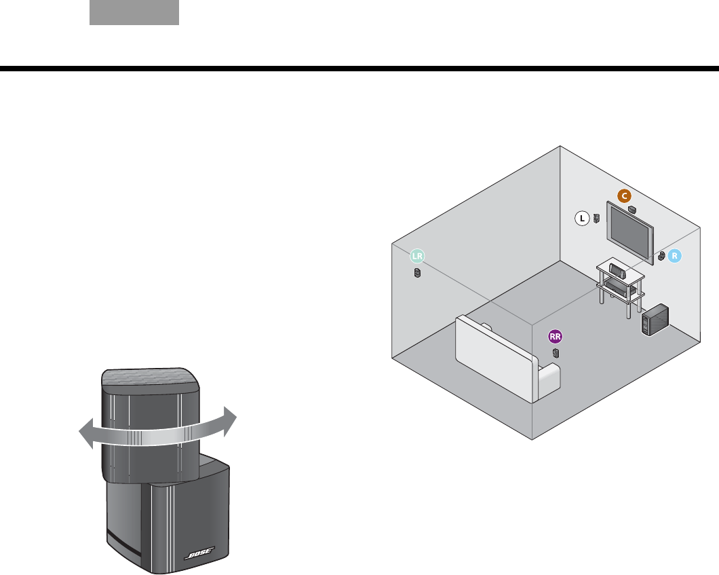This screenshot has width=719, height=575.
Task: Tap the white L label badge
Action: pyautogui.click(x=581, y=219)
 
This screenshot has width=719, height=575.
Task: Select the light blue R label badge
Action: pyautogui.click(x=674, y=256)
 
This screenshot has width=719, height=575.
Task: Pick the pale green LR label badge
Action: pyautogui.click(x=417, y=257)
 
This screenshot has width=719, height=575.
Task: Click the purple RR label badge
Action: pyautogui.click(x=556, y=336)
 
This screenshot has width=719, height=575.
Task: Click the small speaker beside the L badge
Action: pyautogui.click(x=596, y=219)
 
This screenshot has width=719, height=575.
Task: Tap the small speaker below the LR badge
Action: pyautogui.click(x=418, y=274)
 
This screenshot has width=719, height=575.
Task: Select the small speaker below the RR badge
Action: pyautogui.click(x=556, y=353)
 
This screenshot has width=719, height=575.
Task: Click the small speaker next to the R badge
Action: pyautogui.click(x=661, y=257)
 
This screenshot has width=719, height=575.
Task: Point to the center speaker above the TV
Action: pyautogui.click(x=633, y=208)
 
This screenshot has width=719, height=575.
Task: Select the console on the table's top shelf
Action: pyautogui.click(x=618, y=270)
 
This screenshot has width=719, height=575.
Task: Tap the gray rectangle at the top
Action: pyautogui.click(x=134, y=12)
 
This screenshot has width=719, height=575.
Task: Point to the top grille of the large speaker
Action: pyautogui.click(x=151, y=377)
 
